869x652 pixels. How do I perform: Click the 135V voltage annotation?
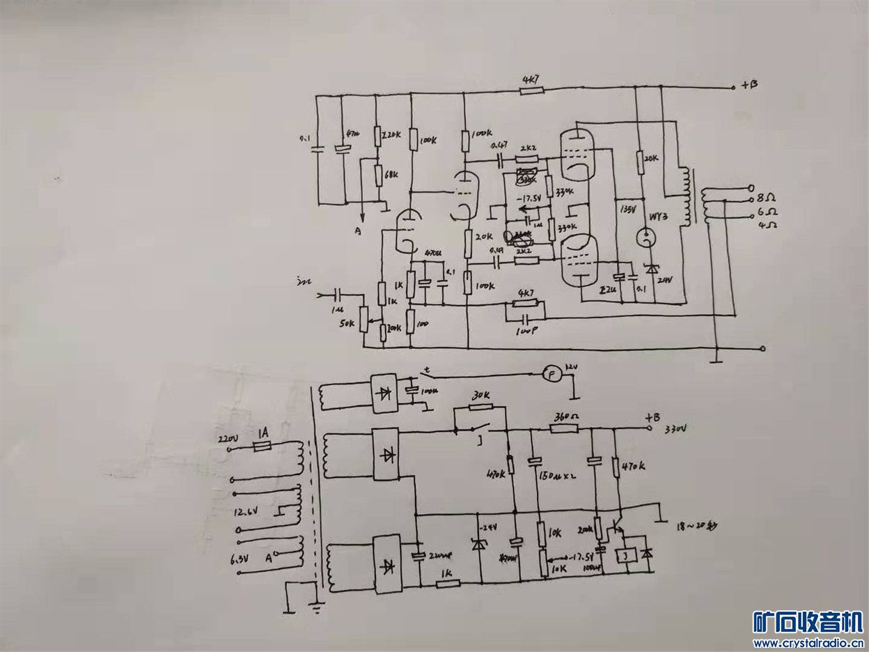[627, 208]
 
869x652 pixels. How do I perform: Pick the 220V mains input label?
[229, 440]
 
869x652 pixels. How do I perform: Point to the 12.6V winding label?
[244, 512]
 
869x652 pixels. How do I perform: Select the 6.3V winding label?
[240, 559]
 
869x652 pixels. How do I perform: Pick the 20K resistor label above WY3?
[652, 158]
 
